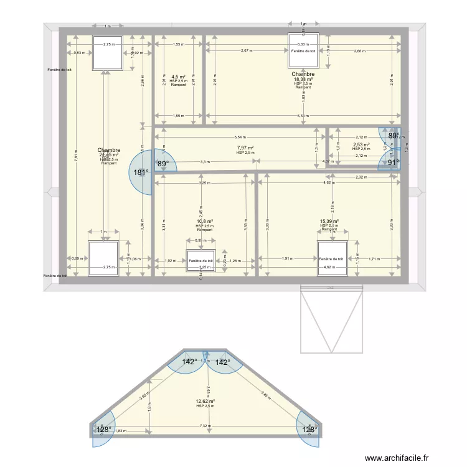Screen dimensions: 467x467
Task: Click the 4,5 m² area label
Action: click(179, 77)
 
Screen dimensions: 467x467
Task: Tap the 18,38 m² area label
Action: click(303, 79)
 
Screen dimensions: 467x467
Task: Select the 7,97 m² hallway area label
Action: click(245, 148)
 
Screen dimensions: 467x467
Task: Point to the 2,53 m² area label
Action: click(361, 144)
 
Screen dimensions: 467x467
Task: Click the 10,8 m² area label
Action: click(204, 222)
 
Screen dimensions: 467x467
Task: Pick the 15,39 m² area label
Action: click(329, 222)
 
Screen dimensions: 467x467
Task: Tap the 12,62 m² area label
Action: click(205, 402)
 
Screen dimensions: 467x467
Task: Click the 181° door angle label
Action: click(141, 172)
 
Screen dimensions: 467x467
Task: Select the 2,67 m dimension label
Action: click(245, 50)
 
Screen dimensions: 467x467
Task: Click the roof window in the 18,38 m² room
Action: click(303, 50)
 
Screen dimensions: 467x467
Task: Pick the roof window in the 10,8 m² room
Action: click(201, 261)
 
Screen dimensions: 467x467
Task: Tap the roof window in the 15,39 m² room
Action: click(332, 258)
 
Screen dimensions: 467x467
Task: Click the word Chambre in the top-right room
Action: click(303, 74)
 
